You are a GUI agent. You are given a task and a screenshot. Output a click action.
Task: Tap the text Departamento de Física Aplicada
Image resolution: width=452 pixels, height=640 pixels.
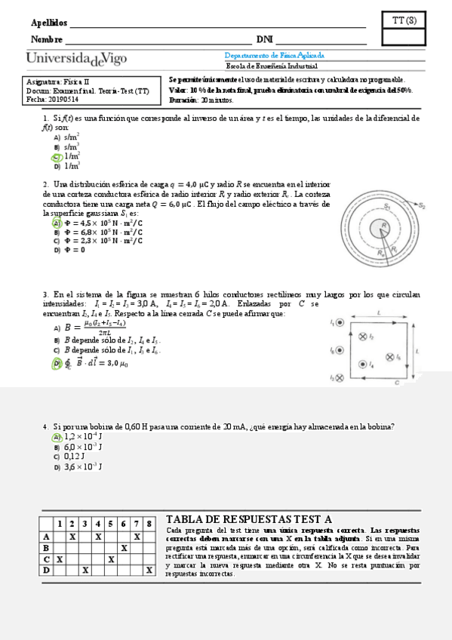(275, 56)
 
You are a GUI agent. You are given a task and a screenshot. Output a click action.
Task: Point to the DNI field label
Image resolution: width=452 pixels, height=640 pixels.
(264, 39)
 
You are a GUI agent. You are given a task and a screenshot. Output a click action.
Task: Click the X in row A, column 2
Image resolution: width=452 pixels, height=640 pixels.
(72, 537)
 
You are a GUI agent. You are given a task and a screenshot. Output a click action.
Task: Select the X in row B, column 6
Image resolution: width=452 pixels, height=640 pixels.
(124, 548)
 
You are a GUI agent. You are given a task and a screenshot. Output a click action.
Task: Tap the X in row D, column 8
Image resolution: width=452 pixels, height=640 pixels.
(149, 571)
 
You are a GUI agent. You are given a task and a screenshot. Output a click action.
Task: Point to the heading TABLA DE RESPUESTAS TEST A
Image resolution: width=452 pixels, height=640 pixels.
(249, 519)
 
